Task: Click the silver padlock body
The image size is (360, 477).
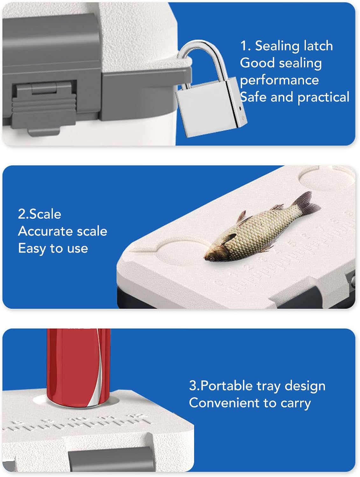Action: [211, 108]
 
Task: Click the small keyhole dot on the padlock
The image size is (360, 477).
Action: [240, 108]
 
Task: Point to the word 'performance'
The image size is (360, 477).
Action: [279, 80]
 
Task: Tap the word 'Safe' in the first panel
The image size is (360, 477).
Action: [253, 97]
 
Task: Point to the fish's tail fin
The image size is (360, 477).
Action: [306, 203]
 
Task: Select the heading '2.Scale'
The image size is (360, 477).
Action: [39, 214]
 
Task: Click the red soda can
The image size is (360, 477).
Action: [79, 368]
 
